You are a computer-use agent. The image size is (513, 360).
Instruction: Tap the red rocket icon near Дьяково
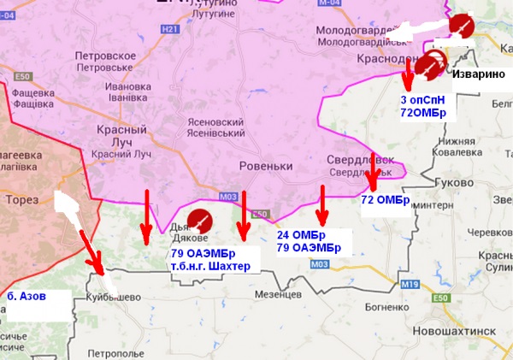[x=200, y=221]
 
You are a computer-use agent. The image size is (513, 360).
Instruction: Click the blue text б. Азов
[x=27, y=296]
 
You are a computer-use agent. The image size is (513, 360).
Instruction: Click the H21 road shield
[x=172, y=28]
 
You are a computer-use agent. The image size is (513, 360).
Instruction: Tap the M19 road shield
[x=411, y=283]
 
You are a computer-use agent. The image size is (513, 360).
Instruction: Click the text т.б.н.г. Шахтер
[x=211, y=265]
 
